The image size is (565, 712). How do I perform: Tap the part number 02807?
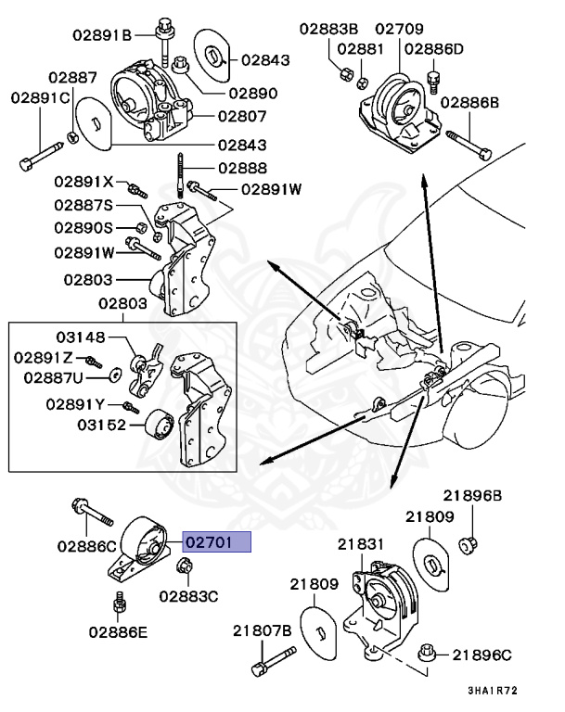click(x=242, y=117)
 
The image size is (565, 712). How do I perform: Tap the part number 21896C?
click(x=482, y=655)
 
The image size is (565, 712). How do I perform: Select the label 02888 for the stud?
click(x=243, y=169)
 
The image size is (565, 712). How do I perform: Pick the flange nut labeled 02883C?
click(x=182, y=568)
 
